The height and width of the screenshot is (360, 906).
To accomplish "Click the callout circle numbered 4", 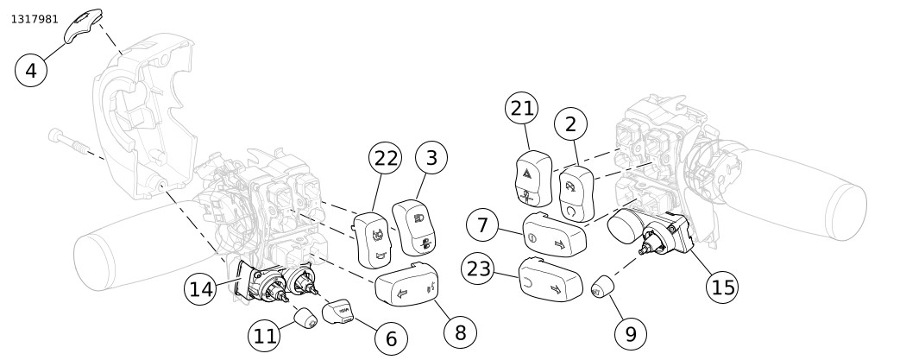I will [32, 68].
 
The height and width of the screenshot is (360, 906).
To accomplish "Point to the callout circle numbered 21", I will [522, 110].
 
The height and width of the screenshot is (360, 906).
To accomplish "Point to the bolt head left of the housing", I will [56, 136].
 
